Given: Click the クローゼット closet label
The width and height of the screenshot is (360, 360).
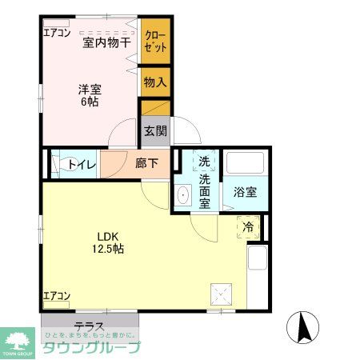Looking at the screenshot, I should pos(155,41).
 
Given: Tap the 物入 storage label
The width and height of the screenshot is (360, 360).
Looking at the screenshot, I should pos(154,81).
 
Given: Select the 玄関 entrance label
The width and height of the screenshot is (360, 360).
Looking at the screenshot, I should pos(154,130).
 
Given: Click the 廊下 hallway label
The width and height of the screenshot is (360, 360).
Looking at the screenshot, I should pos(146,164).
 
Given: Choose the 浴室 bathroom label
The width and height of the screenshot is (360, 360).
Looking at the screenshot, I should pos(245,192).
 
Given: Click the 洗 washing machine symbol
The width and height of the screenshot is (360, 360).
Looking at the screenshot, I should pos(205,161).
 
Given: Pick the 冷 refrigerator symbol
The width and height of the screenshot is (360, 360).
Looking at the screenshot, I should pos(248,227).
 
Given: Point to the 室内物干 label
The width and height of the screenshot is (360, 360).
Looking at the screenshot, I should pos(107,42).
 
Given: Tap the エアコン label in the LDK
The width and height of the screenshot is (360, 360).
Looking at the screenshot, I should pos(57,296).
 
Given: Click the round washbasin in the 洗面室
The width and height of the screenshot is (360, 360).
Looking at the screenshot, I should pos(183,194).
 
